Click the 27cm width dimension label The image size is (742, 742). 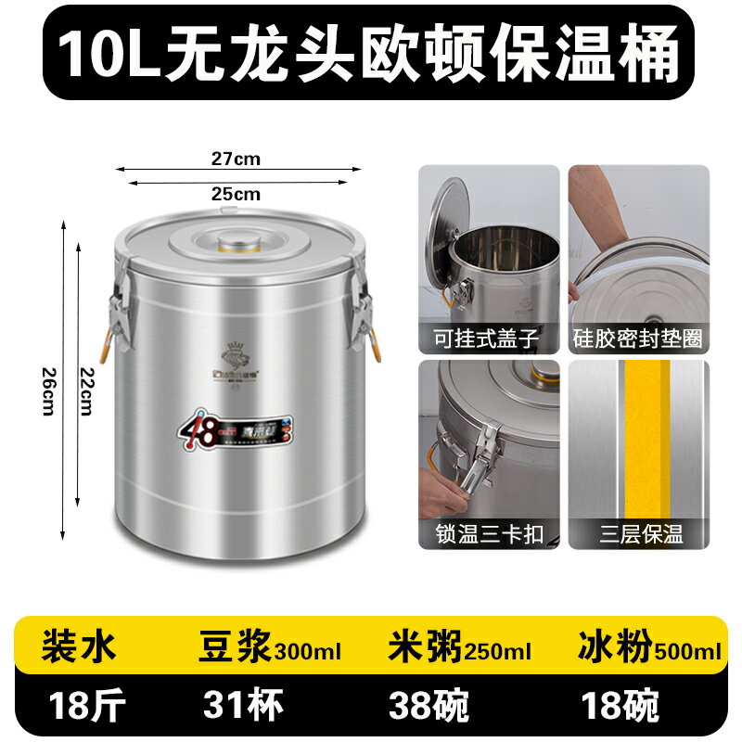coord(236,159)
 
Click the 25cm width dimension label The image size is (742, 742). coord(236,194)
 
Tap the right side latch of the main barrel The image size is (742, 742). coord(362,311)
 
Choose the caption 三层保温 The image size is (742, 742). coord(638,534)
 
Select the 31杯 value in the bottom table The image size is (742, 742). coord(235,704)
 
